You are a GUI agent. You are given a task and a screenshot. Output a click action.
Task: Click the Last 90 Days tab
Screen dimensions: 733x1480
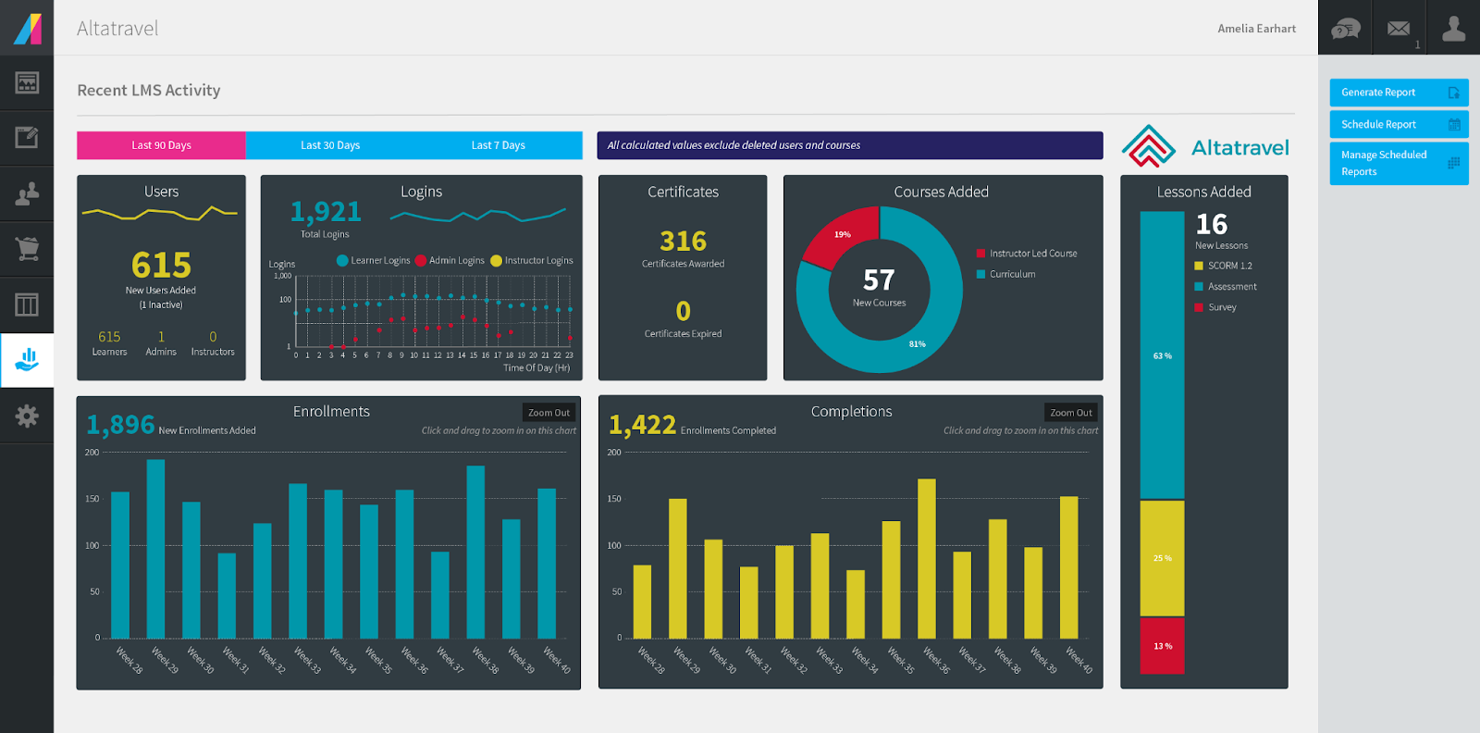click(161, 145)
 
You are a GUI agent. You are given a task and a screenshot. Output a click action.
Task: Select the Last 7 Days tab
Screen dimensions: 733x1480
click(498, 145)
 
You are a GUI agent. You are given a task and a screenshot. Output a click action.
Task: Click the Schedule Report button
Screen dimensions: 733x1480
click(1399, 124)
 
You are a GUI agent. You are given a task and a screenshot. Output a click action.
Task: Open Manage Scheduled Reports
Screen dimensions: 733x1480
click(1399, 164)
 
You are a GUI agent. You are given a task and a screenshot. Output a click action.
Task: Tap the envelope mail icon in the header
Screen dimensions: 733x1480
click(1399, 29)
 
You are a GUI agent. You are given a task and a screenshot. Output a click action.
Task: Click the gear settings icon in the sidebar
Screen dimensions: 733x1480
click(27, 416)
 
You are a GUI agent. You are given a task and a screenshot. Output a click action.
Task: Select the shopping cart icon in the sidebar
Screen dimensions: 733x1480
click(27, 248)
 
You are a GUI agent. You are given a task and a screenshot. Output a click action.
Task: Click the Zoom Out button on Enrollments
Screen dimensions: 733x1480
click(549, 413)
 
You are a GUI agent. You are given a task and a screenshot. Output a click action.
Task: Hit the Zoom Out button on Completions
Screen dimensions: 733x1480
click(1070, 413)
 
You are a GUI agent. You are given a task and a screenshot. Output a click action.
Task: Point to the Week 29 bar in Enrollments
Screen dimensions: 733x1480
click(155, 548)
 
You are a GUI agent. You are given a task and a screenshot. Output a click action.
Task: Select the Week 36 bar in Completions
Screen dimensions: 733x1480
click(926, 558)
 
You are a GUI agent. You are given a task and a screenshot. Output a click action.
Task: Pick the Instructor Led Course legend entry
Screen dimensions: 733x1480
click(1032, 254)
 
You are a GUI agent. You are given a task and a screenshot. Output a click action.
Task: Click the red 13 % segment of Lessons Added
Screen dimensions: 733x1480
click(1162, 646)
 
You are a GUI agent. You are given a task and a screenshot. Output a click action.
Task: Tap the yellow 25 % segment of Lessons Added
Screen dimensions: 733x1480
click(1162, 558)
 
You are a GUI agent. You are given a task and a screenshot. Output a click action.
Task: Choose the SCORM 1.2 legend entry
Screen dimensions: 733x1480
click(1229, 266)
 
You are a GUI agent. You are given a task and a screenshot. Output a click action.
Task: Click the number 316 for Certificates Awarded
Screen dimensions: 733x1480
click(683, 242)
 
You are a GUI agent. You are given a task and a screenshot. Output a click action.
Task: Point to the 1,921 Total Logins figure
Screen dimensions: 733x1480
click(326, 212)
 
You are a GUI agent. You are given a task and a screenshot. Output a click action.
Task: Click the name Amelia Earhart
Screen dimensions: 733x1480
click(1256, 29)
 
